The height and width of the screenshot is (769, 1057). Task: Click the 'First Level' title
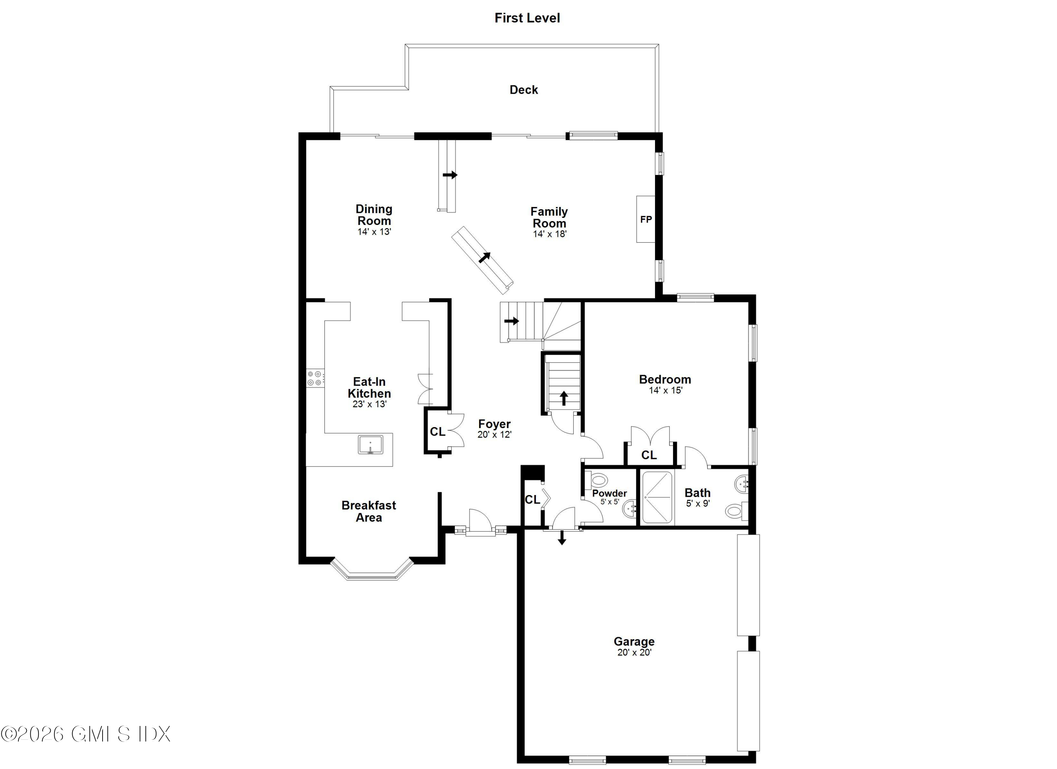click(527, 18)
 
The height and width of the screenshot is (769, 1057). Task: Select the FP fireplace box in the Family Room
click(645, 219)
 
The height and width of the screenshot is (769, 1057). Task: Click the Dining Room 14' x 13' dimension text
click(374, 232)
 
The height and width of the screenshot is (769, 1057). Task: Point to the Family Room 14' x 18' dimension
click(550, 234)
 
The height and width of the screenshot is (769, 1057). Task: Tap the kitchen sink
click(371, 444)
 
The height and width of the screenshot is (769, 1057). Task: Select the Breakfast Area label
click(369, 511)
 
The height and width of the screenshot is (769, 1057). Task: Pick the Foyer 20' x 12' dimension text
click(494, 435)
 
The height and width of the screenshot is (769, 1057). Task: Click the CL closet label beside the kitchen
click(437, 432)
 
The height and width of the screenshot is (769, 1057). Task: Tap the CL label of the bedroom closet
click(649, 455)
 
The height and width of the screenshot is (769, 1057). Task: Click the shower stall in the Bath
click(657, 497)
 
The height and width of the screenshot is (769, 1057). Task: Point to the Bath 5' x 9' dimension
click(698, 503)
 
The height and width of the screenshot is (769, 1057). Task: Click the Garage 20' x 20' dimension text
click(634, 652)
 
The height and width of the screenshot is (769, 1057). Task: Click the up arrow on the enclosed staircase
click(564, 398)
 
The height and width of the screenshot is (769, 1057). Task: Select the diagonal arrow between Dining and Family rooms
click(485, 257)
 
